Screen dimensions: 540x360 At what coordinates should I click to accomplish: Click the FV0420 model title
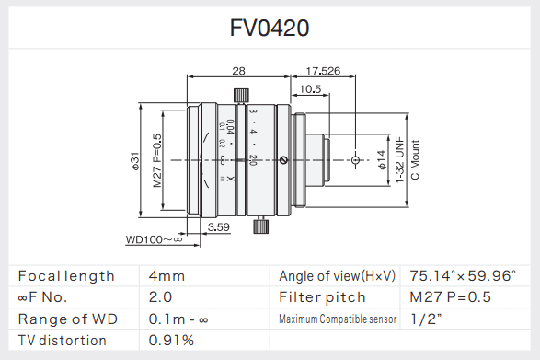click(270, 28)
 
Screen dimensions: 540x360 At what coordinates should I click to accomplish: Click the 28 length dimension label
click(238, 71)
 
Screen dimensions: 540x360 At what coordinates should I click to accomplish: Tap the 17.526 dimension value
click(323, 71)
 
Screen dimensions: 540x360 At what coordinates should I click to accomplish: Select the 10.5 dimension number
click(310, 89)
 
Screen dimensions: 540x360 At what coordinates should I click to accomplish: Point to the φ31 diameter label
click(135, 161)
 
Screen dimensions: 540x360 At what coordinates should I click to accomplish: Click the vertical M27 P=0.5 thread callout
click(157, 160)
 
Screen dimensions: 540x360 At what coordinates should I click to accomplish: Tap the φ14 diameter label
click(382, 159)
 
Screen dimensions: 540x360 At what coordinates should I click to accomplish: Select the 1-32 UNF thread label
click(399, 160)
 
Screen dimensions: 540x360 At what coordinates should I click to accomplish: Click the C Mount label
click(415, 159)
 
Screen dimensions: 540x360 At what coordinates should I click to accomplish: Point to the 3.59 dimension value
click(218, 226)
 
